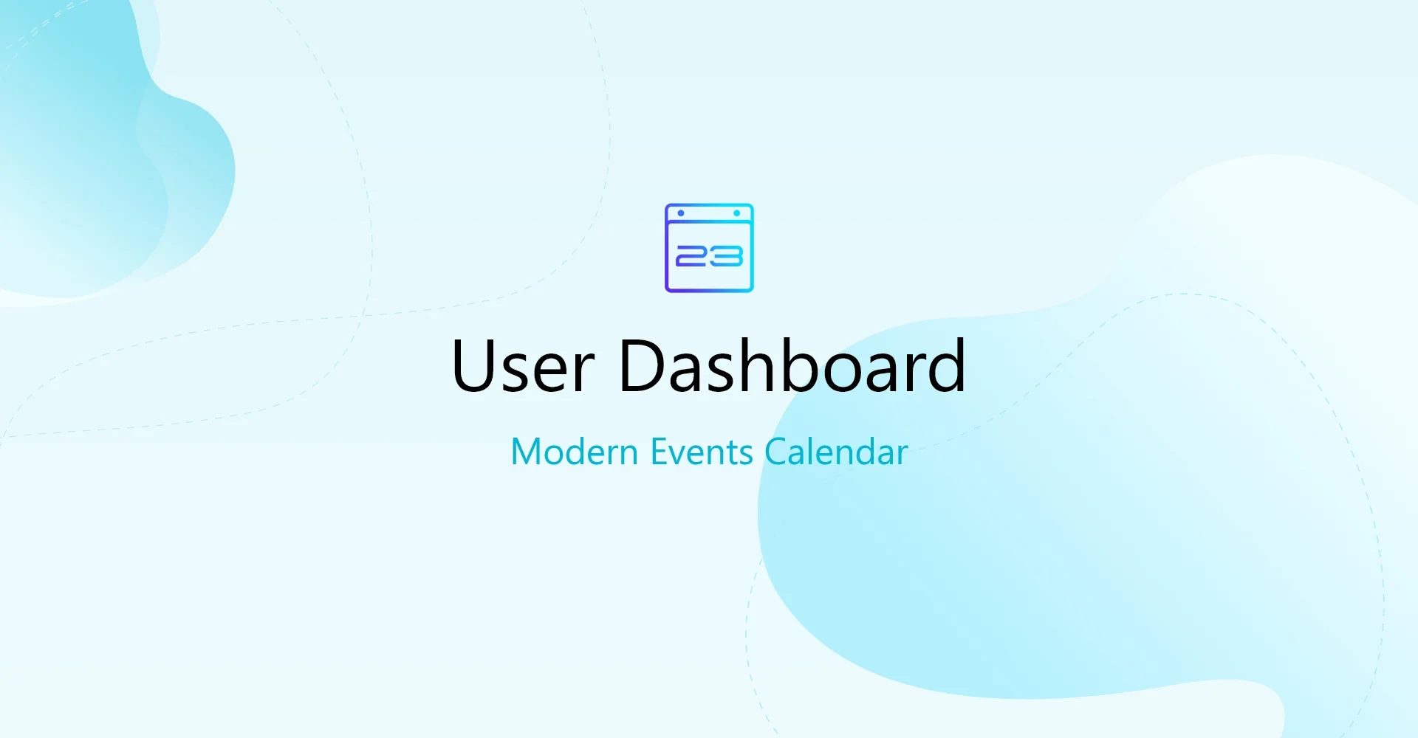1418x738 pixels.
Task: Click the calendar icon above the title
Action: (709, 248)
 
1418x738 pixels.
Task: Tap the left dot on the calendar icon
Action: (681, 213)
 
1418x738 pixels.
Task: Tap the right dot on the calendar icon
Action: (736, 213)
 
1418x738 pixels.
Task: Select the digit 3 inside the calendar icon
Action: (727, 257)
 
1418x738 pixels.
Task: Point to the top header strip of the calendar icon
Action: (709, 214)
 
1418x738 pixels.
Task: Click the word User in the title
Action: (523, 366)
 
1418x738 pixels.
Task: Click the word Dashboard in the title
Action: (792, 366)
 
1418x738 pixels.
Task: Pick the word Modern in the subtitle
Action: (574, 452)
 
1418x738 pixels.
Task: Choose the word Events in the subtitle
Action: (702, 452)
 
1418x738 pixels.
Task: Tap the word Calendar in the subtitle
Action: (836, 452)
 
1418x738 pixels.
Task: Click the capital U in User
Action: (473, 366)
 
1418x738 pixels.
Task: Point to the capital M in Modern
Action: (526, 452)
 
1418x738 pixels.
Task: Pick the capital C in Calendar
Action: (777, 452)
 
